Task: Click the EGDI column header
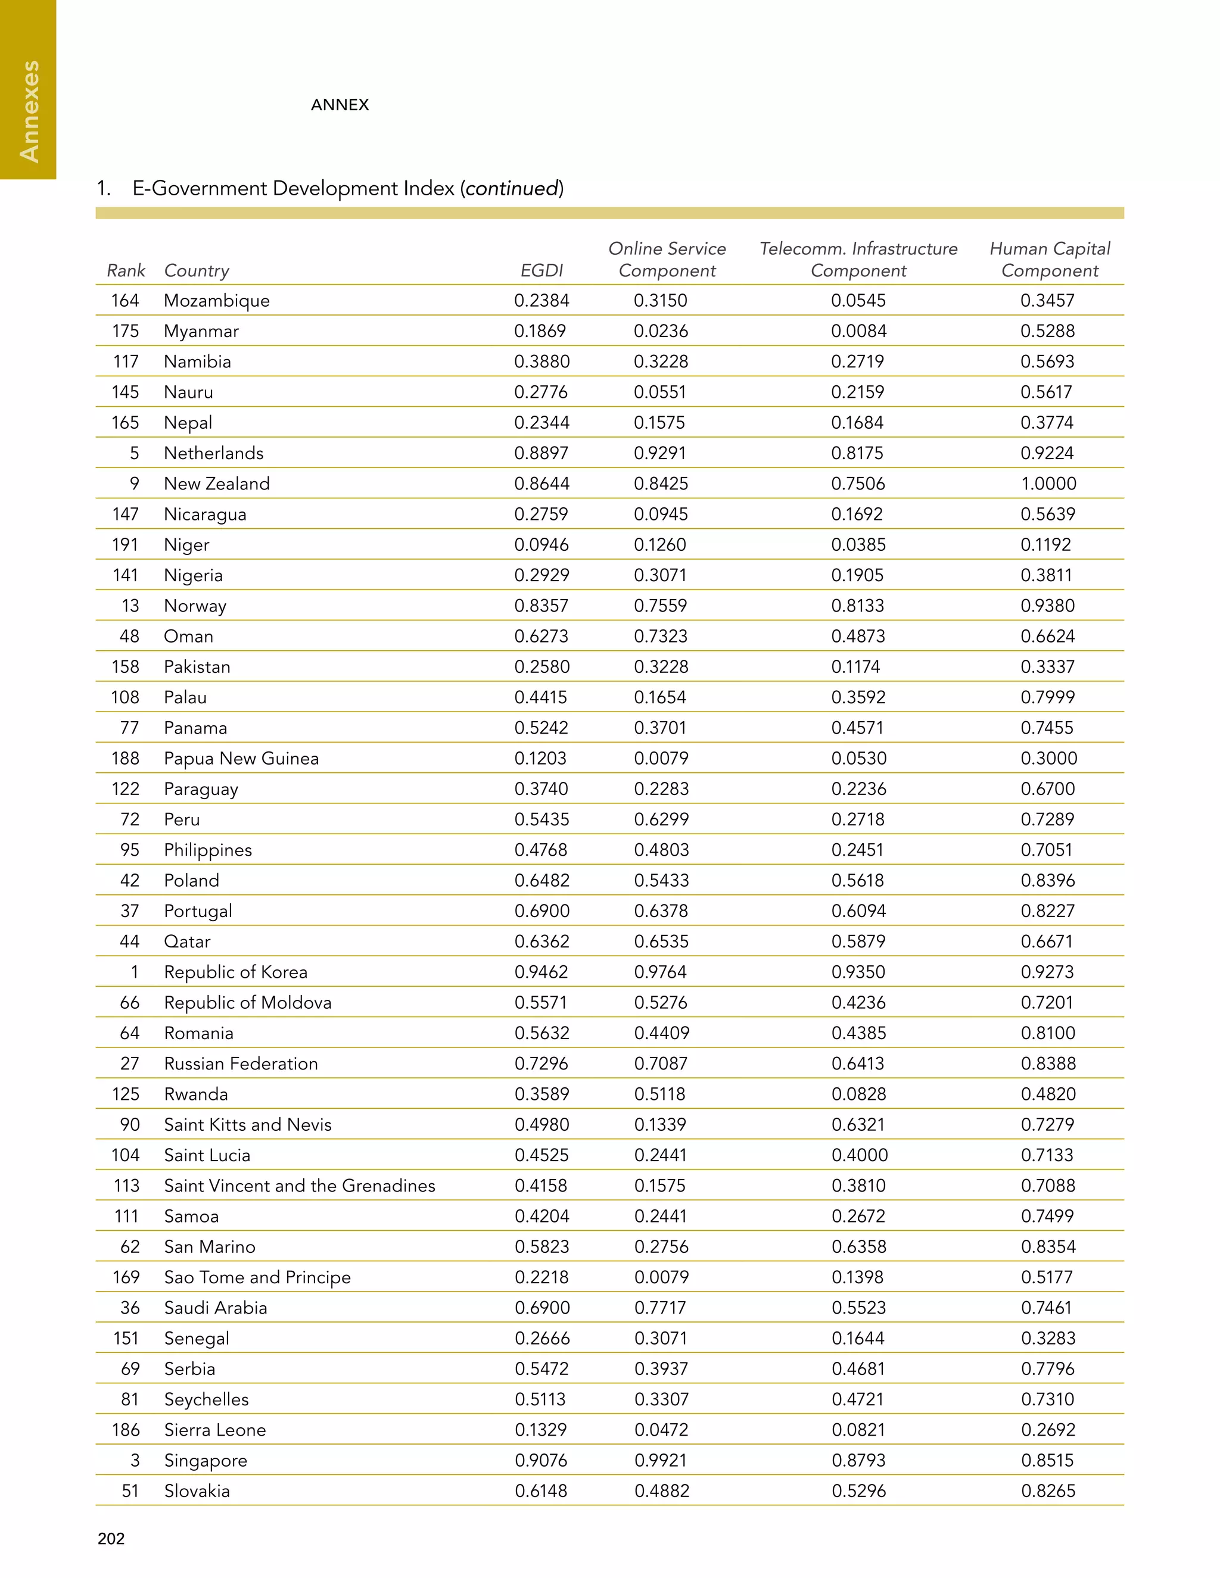click(541, 270)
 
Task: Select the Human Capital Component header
click(1050, 260)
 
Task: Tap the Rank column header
click(126, 270)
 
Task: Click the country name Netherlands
click(213, 453)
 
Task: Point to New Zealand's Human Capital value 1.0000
click(1048, 484)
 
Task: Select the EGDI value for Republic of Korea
click(541, 972)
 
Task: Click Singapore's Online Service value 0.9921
click(661, 1460)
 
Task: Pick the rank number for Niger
click(125, 545)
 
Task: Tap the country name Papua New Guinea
click(241, 758)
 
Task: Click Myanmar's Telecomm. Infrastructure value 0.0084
click(858, 331)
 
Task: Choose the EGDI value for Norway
click(541, 606)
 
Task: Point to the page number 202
click(111, 1538)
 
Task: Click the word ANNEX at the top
click(340, 105)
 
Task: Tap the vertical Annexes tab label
click(29, 111)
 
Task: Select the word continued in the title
click(512, 189)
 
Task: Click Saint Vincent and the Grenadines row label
click(299, 1186)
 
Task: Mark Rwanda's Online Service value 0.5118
click(661, 1094)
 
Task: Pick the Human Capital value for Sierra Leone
click(1048, 1430)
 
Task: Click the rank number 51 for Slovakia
click(130, 1490)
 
